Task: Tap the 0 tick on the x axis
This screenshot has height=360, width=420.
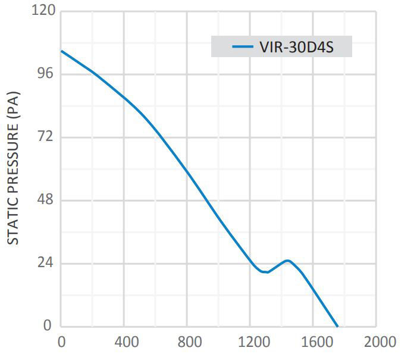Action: tap(61, 342)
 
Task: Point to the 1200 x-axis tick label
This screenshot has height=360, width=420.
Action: tap(250, 342)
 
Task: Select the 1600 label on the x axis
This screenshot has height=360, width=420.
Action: tap(313, 342)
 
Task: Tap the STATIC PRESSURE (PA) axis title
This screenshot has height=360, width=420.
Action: tap(14, 168)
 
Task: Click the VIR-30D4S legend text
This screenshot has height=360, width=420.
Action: tap(296, 47)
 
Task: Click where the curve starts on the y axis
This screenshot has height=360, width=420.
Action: tap(61, 51)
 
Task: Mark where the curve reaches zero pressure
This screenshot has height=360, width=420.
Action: tap(337, 326)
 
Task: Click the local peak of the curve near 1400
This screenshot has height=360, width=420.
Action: tap(287, 260)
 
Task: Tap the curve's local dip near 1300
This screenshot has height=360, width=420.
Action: tap(265, 272)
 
